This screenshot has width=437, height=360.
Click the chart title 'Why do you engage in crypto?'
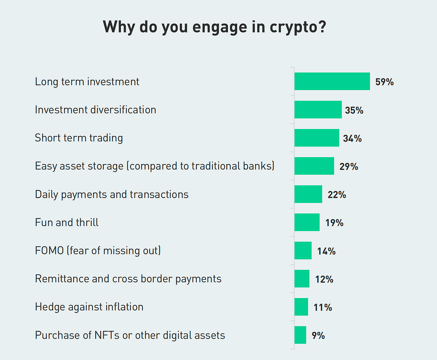[215, 27]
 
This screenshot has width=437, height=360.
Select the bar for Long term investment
[332, 81]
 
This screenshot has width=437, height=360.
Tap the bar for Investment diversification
[318, 110]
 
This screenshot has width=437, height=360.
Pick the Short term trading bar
[317, 138]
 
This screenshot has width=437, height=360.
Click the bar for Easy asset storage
[314, 166]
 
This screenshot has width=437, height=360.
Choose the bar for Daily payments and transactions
[308, 194]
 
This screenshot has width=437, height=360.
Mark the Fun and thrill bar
[307, 222]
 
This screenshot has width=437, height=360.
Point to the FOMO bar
[303, 251]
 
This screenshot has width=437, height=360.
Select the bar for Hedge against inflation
[301, 307]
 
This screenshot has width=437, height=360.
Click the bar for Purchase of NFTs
[300, 335]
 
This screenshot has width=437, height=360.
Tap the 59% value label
[384, 82]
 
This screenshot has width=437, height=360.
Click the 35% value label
[354, 110]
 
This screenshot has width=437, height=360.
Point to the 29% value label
[349, 167]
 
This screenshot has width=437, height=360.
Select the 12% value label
[324, 279]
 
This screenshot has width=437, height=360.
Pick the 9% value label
[318, 336]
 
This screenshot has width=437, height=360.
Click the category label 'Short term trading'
[79, 138]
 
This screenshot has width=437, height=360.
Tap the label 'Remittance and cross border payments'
[128, 279]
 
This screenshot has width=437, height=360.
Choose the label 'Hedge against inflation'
[89, 307]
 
